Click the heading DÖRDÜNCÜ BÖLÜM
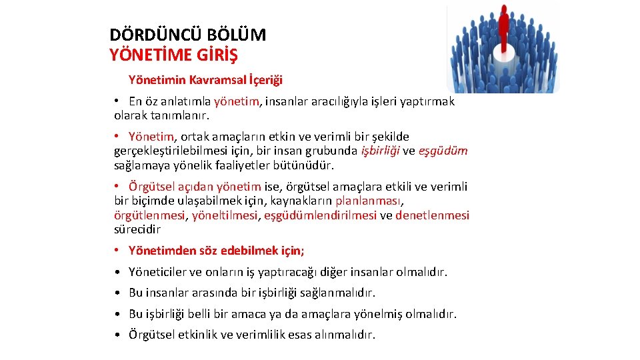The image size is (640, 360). click(x=188, y=35)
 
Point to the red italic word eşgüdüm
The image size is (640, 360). click(x=443, y=151)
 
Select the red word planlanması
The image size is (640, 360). click(x=369, y=200)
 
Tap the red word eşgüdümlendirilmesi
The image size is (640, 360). click(x=320, y=215)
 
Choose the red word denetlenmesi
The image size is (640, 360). click(x=432, y=215)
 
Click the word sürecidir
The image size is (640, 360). click(x=137, y=229)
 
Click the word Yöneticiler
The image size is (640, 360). click(x=157, y=272)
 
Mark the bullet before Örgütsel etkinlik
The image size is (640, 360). click(x=116, y=334)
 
